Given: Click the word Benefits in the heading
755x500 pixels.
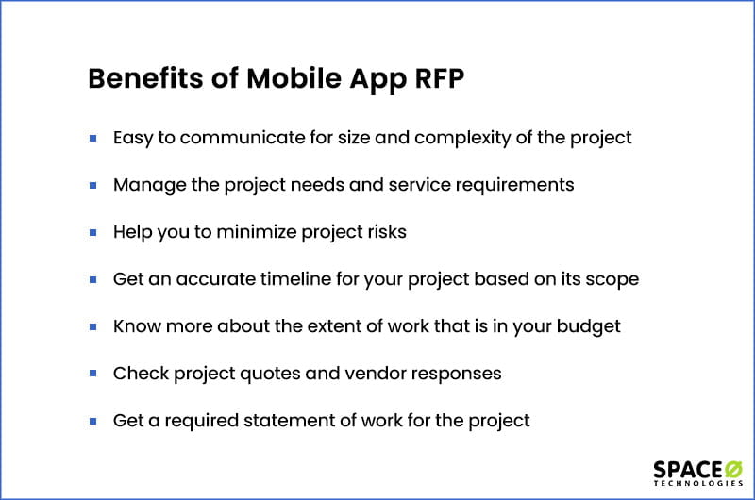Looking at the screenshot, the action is point(146,78).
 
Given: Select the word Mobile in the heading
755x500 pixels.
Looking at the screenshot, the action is point(294,78).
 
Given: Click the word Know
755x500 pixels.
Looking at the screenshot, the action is point(137,326).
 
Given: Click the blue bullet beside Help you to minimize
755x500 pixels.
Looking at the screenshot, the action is point(92,233).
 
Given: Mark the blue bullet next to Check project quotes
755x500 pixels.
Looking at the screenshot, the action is point(92,374).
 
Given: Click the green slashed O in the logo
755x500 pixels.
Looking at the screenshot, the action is point(734,469).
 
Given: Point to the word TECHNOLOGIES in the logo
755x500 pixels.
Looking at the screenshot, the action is point(698,483).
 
